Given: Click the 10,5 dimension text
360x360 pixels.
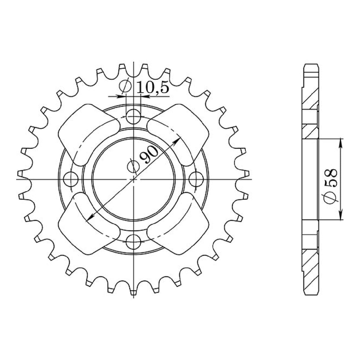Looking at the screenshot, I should pyautogui.click(x=153, y=88).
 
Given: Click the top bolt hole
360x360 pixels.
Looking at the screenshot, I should pyautogui.click(x=133, y=116).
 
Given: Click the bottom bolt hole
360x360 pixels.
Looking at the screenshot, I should pyautogui.click(x=133, y=242).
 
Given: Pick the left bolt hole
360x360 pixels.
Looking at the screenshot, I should pyautogui.click(x=71, y=179).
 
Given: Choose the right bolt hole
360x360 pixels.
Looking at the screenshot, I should pyautogui.click(x=196, y=179).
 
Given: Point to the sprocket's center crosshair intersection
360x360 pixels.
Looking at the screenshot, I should pyautogui.click(x=134, y=179).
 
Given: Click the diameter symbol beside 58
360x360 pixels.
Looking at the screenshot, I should pyautogui.click(x=331, y=198).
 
